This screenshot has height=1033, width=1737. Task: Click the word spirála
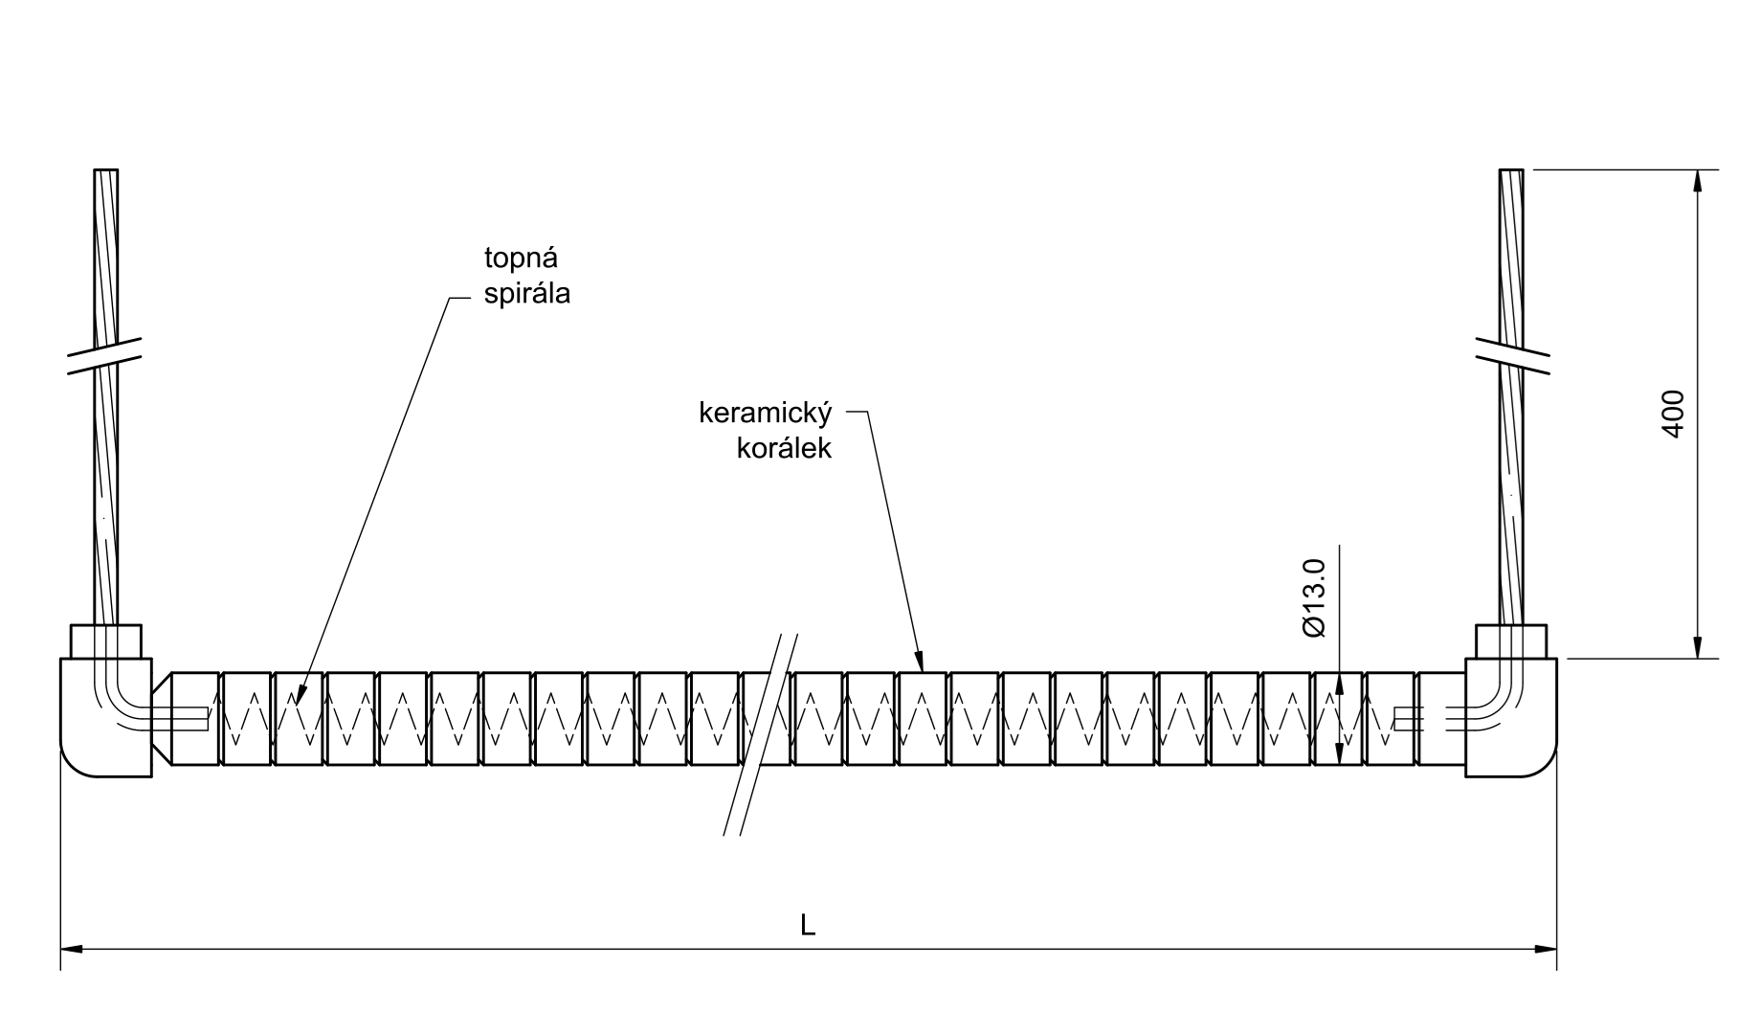point(527,294)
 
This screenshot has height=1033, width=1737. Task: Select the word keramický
point(766,415)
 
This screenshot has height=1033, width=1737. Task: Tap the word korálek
point(784,448)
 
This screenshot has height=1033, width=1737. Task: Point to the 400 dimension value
point(1672,414)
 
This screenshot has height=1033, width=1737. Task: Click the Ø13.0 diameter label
point(1314,597)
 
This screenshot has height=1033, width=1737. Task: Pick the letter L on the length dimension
point(808,925)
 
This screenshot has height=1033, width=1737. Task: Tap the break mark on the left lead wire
point(105,356)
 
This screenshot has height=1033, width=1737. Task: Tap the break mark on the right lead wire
point(1512,356)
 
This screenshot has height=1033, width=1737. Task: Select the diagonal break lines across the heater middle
point(761,734)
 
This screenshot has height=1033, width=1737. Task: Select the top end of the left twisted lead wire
point(106,170)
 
